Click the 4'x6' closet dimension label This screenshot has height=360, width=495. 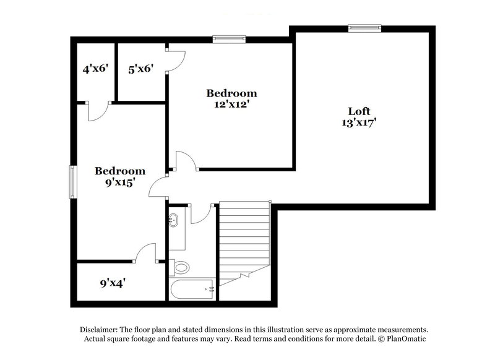[95, 69]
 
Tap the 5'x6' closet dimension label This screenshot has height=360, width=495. [140, 69]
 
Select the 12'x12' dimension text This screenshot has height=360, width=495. [231, 105]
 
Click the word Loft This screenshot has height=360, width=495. [358, 111]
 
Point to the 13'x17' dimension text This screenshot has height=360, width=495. [358, 122]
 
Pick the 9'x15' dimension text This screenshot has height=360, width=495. [119, 182]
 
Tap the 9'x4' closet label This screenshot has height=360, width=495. [113, 284]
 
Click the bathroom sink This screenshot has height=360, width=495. [174, 219]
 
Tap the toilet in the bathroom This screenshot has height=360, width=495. [181, 267]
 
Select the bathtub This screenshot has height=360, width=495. [191, 288]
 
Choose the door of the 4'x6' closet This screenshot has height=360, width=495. [98, 111]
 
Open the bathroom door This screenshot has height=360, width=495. [201, 213]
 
